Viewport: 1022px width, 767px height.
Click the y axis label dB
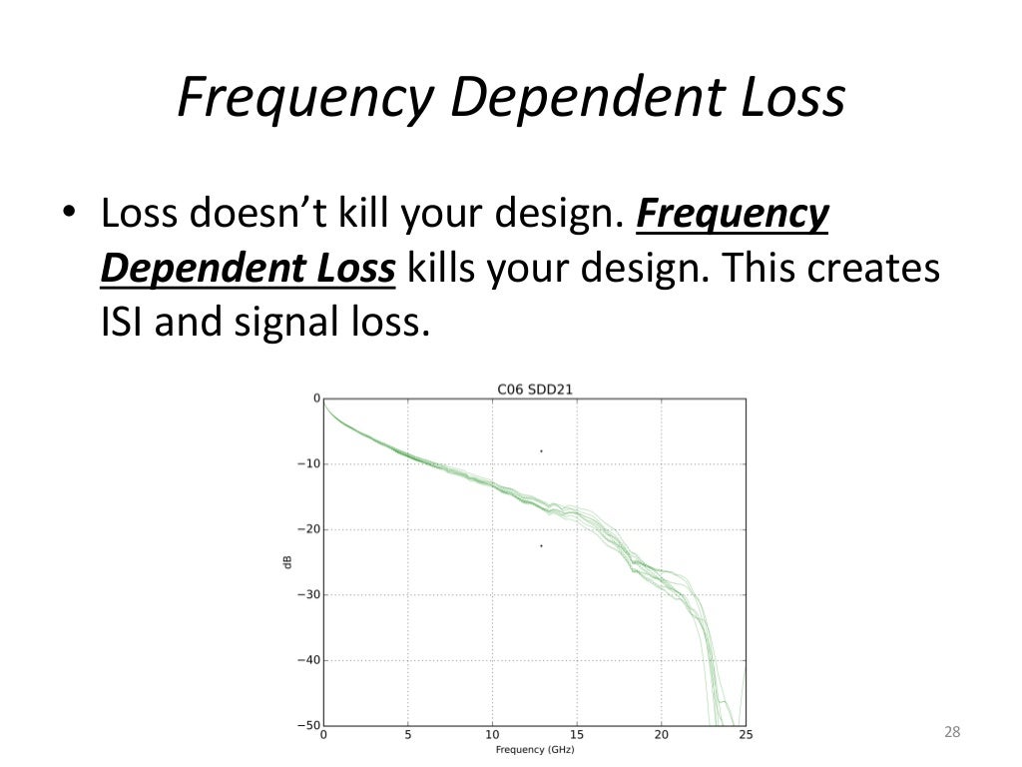286,562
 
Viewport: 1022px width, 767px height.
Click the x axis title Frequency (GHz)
533,749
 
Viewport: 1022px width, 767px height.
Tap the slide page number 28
951,733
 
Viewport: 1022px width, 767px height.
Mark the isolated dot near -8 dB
541,451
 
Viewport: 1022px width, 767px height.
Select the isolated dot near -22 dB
541,545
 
